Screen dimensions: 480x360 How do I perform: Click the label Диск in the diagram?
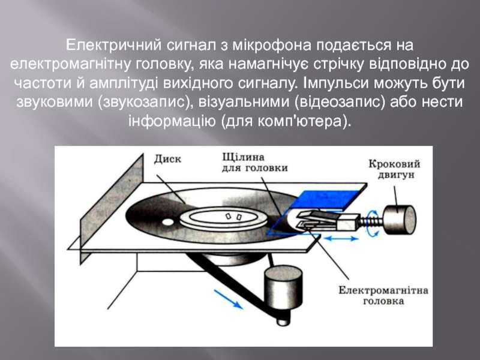coord(167,159)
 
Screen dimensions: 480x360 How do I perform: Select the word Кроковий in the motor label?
coord(394,164)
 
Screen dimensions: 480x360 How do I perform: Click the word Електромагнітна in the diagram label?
coord(383,290)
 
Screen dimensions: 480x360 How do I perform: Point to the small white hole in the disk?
coord(229,215)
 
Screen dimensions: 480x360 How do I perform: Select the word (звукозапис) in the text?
coord(144,100)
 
